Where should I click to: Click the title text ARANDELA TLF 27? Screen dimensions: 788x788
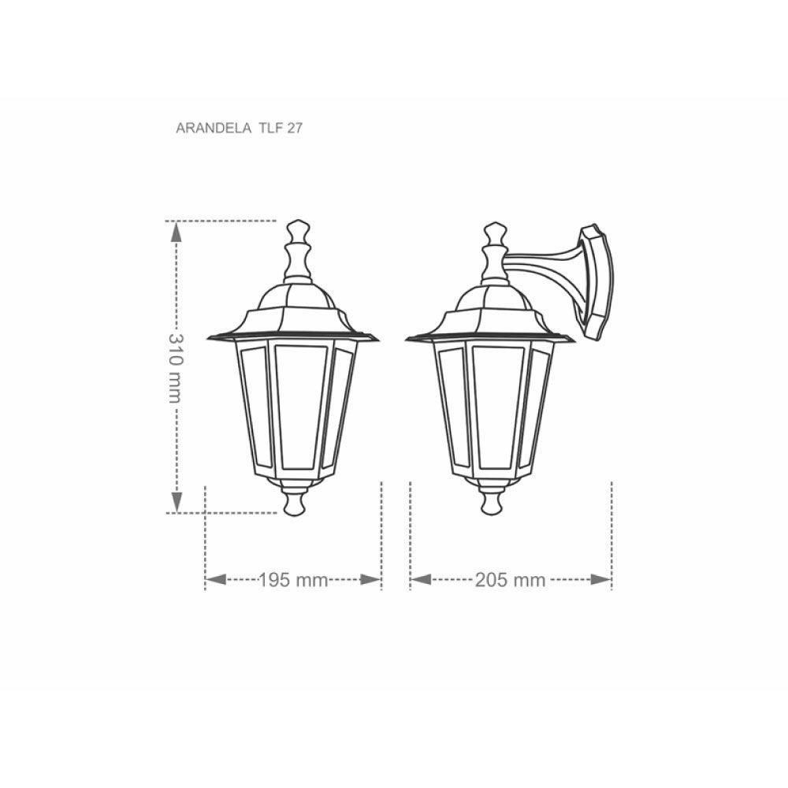click(240, 128)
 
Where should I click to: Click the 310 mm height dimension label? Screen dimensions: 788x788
click(176, 368)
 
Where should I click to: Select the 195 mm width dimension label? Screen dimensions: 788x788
click(293, 580)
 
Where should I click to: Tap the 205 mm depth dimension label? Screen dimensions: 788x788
click(510, 580)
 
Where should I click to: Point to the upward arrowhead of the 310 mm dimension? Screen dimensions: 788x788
click(176, 232)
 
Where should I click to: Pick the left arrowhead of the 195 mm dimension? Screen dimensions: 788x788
click(216, 579)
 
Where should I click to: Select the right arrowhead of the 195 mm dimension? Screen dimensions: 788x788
click(371, 579)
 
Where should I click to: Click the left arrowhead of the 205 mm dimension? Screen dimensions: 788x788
click(421, 579)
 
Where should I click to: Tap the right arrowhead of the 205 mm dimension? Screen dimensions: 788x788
click(601, 579)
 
